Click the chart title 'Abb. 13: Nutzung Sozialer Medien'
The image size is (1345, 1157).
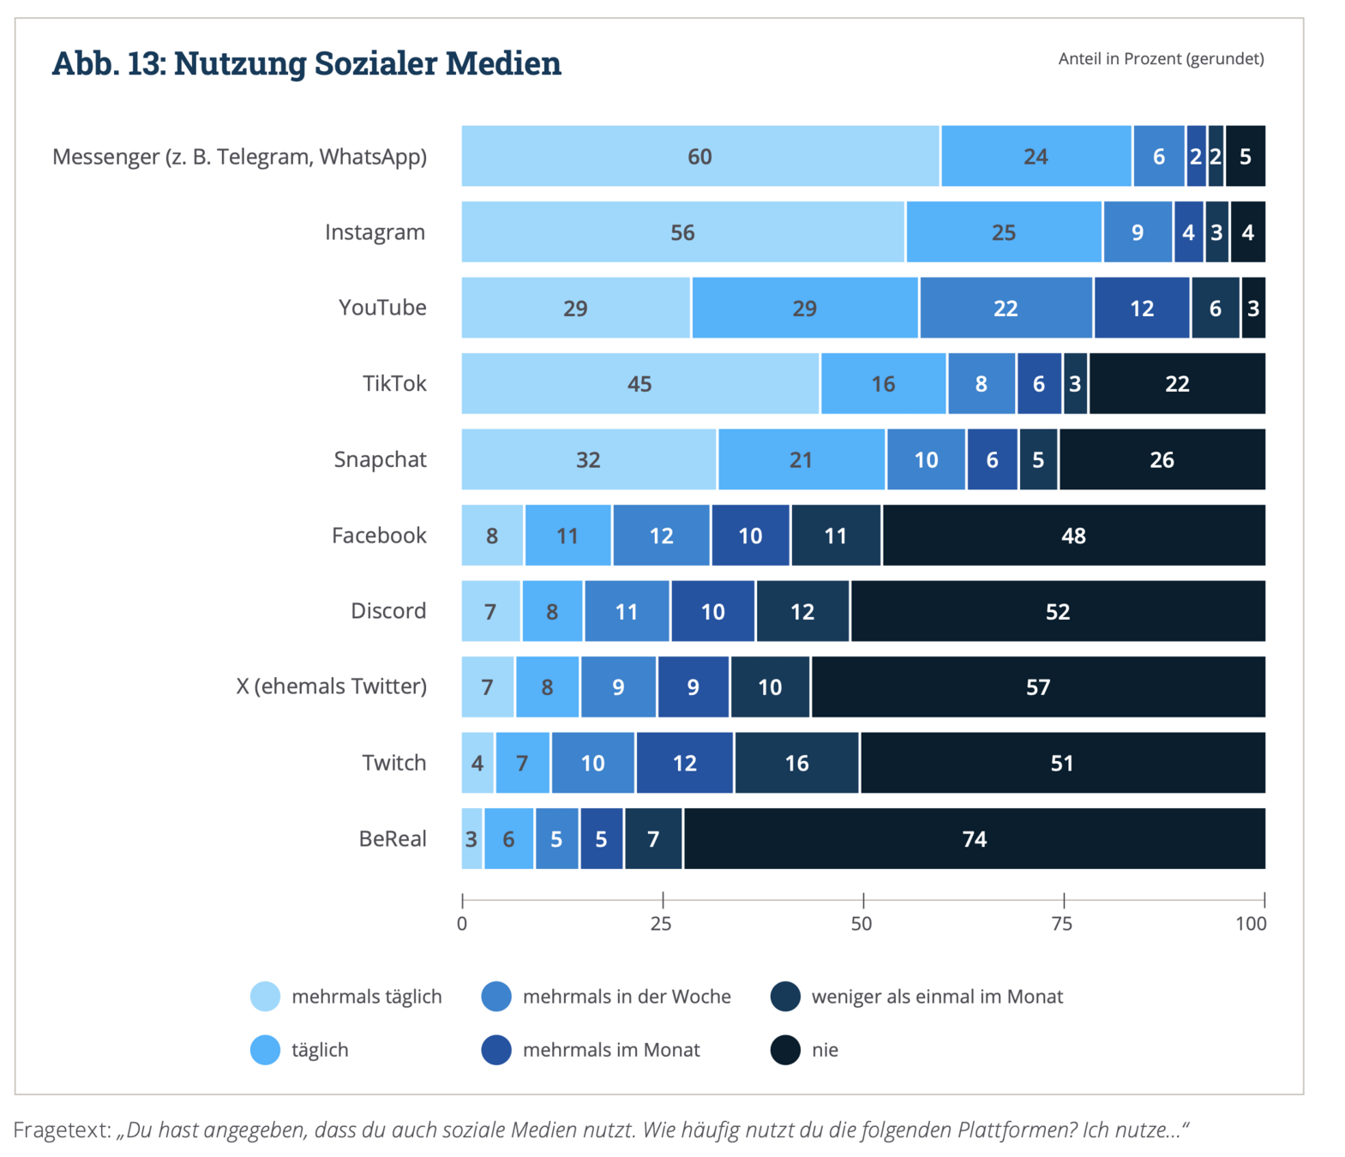tap(306, 63)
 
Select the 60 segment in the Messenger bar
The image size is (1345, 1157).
tap(700, 156)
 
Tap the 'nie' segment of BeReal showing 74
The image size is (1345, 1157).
tap(974, 838)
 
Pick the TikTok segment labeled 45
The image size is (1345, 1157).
tap(639, 383)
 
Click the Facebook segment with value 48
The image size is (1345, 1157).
tap(1073, 536)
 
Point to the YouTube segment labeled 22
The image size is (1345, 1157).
tap(1006, 308)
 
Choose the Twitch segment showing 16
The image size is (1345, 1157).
tap(796, 763)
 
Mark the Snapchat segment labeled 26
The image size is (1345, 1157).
tap(1162, 459)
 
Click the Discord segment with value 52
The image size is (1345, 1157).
tap(1057, 611)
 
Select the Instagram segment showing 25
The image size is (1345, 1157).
tap(1003, 232)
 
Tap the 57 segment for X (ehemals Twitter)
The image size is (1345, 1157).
tap(1037, 686)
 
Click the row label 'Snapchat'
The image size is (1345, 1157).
tap(380, 459)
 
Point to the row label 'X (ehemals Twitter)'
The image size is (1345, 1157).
tap(331, 686)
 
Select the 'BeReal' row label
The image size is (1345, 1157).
tap(392, 838)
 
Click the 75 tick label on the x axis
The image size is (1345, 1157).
tap(1061, 923)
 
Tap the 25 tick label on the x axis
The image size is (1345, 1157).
tap(661, 923)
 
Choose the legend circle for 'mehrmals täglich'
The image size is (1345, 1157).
tap(266, 997)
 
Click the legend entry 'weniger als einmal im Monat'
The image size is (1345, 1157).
tap(936, 997)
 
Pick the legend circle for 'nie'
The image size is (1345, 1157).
tap(785, 1050)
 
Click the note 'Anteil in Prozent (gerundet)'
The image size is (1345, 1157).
tap(1161, 58)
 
